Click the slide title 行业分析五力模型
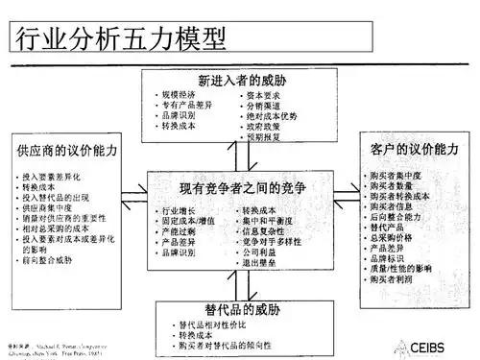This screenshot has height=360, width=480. (x=119, y=40)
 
